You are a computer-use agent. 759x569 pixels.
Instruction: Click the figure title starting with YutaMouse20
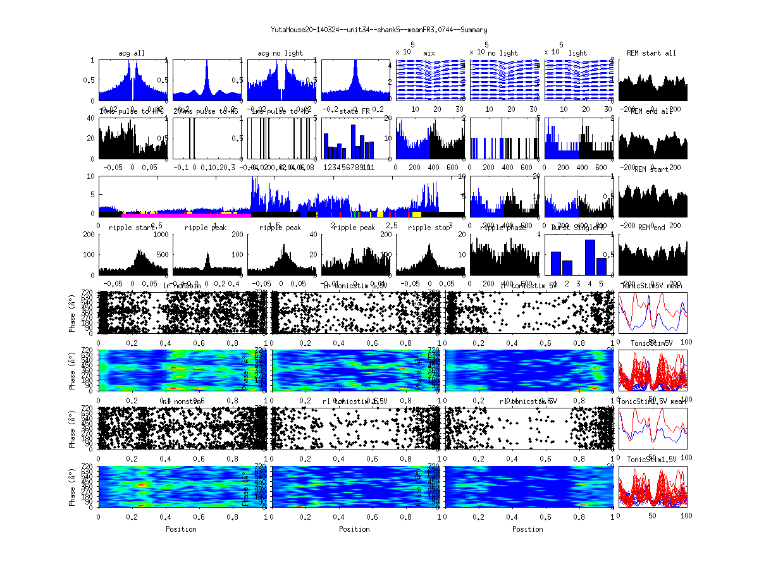pos(379,30)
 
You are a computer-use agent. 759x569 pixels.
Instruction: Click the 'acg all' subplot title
pos(132,53)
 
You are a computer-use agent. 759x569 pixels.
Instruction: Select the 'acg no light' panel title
pos(280,53)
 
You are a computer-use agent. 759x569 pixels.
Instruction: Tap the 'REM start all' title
pos(651,53)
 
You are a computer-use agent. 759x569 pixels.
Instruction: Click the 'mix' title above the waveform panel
pos(429,53)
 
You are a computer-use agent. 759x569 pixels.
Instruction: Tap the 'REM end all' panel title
pos(653,111)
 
